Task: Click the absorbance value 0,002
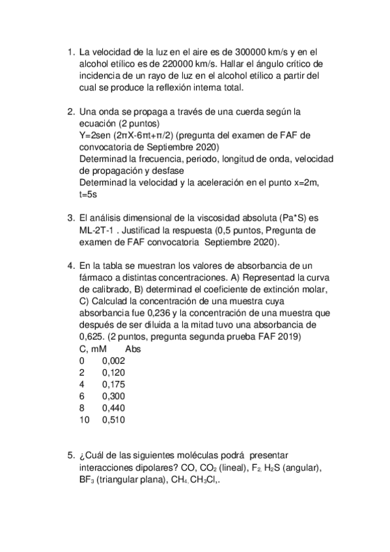point(113,361)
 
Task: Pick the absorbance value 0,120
point(113,372)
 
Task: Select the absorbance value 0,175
point(113,384)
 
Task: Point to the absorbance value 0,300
point(113,396)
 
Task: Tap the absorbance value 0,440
point(113,407)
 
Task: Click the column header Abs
point(132,349)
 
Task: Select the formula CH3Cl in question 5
point(206,479)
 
